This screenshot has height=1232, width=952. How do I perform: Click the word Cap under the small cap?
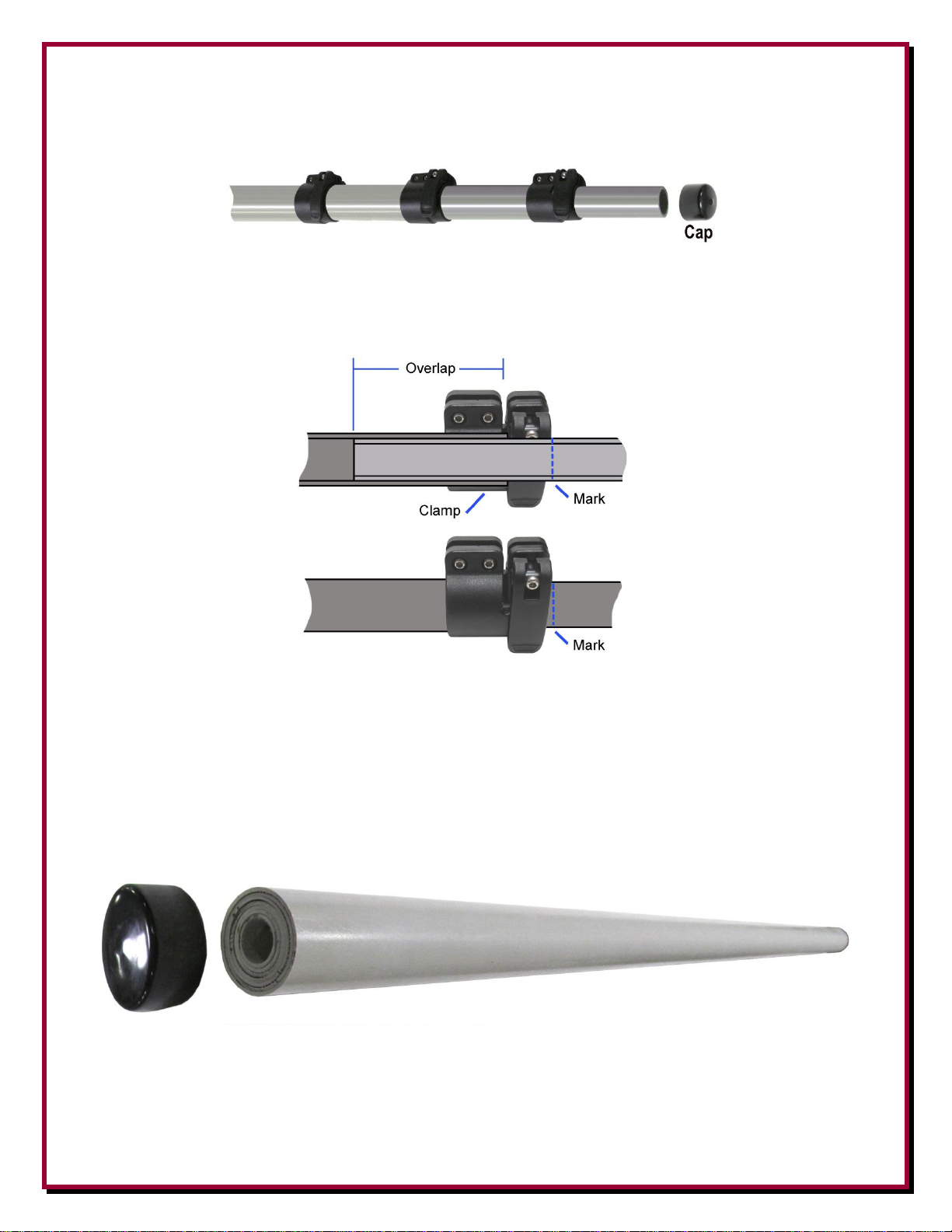pyautogui.click(x=698, y=232)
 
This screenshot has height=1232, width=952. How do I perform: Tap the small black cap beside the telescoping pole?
pyautogui.click(x=698, y=202)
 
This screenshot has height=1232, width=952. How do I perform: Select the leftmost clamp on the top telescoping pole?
pyautogui.click(x=318, y=197)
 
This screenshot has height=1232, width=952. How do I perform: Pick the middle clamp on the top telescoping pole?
pyautogui.click(x=427, y=196)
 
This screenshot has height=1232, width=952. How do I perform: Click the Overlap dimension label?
pyautogui.click(x=430, y=368)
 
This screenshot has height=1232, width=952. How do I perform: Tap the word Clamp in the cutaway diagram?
pyautogui.click(x=439, y=510)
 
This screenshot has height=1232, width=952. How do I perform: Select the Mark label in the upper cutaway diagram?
pyautogui.click(x=589, y=499)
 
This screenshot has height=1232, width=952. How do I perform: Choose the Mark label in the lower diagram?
pyautogui.click(x=588, y=645)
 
